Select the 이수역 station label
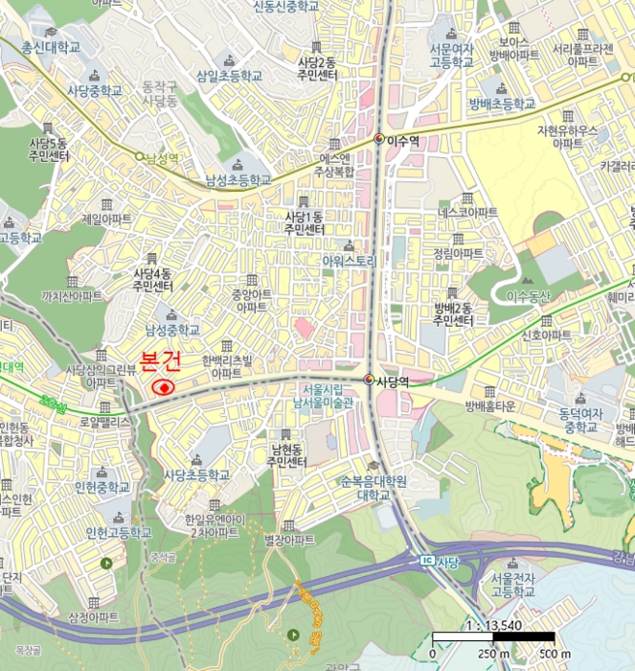pos(401,139)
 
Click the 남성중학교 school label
pos(172,330)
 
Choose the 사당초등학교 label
pos(196,474)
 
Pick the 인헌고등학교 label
pos(119,532)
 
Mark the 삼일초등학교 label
pos(229,75)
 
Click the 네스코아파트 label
pos(468,211)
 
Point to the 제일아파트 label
pos(107,219)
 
